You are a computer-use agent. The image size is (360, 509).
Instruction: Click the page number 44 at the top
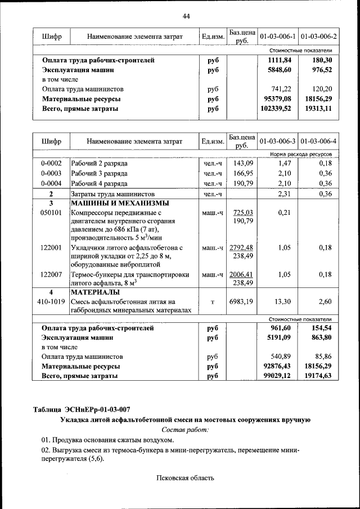click(x=186, y=16)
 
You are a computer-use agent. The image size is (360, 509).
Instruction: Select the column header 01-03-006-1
click(x=277, y=37)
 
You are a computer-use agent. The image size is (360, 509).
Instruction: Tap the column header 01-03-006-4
click(x=318, y=140)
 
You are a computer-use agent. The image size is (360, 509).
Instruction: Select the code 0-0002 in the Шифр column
click(x=51, y=163)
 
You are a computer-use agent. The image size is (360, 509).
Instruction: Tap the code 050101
click(x=51, y=213)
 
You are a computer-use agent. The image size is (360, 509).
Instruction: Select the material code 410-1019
click(x=51, y=302)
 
